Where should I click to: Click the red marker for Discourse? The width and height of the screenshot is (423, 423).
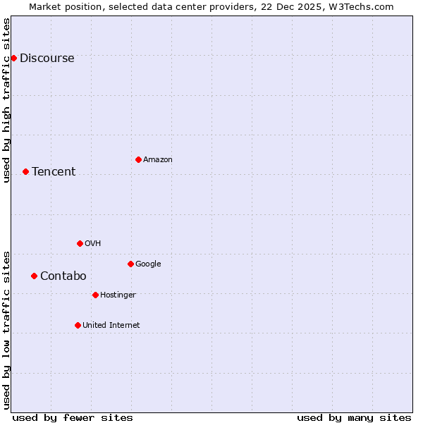point(13,58)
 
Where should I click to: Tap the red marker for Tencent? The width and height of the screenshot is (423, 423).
point(25,171)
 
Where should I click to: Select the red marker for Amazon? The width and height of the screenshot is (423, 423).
point(138,159)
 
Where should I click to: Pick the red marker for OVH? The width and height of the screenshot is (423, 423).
point(80,243)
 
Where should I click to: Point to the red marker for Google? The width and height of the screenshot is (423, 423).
point(130,264)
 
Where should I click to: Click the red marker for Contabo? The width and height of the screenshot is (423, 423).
point(34,276)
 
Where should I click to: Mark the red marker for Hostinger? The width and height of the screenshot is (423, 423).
point(95,295)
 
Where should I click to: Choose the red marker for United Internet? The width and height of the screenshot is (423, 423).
point(78,325)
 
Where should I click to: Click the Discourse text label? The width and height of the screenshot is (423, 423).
point(47,59)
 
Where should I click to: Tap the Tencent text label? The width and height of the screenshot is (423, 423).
point(54,172)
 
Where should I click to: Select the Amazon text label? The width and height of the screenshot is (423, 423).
point(158,160)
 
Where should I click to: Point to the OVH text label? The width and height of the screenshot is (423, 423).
point(92,244)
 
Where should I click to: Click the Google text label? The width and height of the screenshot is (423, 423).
point(148,264)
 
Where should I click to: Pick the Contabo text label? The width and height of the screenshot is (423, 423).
point(63,276)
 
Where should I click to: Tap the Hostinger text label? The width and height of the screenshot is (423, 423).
point(118,295)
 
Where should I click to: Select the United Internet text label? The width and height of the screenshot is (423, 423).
point(111,326)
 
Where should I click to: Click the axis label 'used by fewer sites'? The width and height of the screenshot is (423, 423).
point(73,417)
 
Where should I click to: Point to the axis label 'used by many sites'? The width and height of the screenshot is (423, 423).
point(354,417)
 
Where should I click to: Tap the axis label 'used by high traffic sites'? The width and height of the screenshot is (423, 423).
point(7,100)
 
